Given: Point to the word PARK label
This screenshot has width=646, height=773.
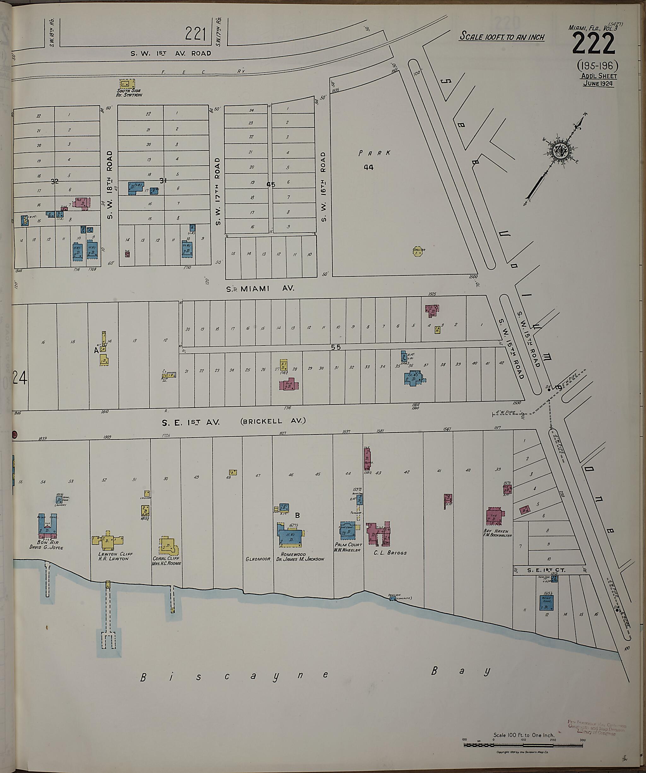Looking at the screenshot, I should (374, 153).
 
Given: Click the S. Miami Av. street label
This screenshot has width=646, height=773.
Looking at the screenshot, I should (260, 289).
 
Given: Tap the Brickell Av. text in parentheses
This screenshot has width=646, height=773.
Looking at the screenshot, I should (273, 421).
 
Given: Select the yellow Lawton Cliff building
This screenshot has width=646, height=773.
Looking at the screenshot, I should (107, 540).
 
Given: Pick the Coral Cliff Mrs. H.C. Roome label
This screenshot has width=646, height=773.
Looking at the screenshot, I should (166, 561).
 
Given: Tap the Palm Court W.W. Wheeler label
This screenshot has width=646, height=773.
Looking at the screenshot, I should (348, 547).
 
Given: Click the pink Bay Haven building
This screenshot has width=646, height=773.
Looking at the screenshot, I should (494, 516).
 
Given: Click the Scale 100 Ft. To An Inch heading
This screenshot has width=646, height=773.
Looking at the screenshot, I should (502, 37).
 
